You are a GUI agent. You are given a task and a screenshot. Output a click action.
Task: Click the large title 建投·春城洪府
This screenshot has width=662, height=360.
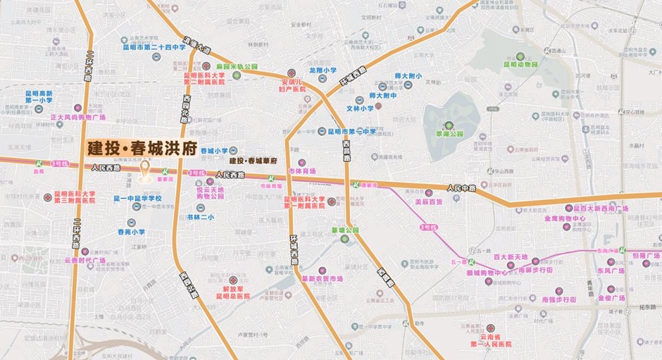click(142, 149)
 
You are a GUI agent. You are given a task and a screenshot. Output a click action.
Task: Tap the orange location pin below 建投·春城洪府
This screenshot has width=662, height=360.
click(147, 173)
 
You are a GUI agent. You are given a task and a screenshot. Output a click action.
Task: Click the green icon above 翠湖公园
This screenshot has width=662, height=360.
click(448, 125)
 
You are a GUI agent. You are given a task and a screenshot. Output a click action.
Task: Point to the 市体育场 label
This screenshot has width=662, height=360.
click(303, 171)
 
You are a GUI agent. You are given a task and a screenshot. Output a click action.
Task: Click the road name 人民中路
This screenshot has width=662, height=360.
click(462, 188)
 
